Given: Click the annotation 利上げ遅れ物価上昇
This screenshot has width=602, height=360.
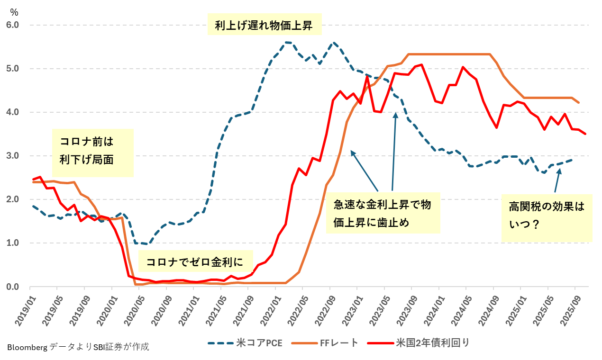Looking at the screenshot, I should click(264, 25).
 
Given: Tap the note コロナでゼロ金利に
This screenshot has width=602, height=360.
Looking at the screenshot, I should click(195, 262).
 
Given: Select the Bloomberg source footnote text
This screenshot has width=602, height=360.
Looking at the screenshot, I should click(78, 347).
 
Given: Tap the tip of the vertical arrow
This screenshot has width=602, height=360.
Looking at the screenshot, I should click(395, 113).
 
